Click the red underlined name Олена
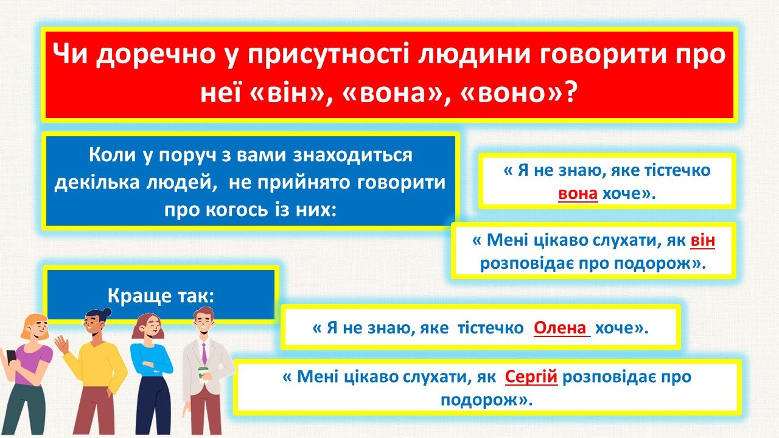click(x=560, y=328)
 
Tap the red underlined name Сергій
click(x=531, y=377)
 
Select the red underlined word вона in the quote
click(x=578, y=193)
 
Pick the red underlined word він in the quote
click(x=702, y=240)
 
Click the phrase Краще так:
click(x=161, y=296)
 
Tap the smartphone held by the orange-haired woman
click(x=10, y=356)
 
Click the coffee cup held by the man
click(x=203, y=374)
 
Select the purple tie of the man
click(x=204, y=353)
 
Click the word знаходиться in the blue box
click(x=352, y=155)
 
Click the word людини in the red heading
click(x=473, y=55)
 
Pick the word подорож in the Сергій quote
click(x=479, y=400)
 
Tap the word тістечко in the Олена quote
click(x=491, y=328)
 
